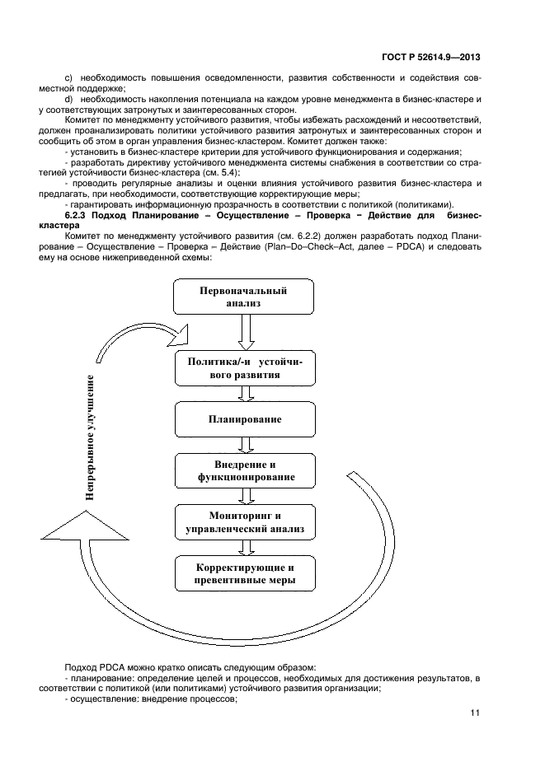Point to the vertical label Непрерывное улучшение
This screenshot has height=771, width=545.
point(90,437)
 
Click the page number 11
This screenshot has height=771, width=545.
point(474,713)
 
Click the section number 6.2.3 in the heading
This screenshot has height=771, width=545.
point(78,215)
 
